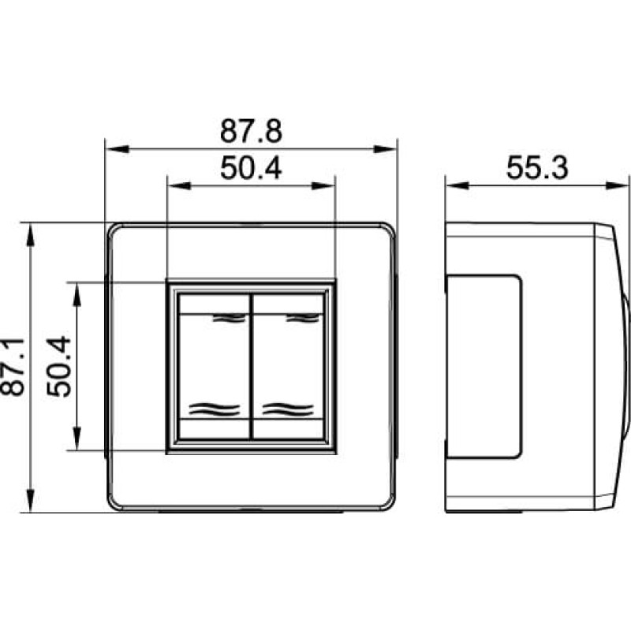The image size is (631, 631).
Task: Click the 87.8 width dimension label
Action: click(x=251, y=131)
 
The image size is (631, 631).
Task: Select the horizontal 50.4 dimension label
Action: click(x=251, y=168)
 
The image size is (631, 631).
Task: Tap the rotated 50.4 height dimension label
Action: click(x=58, y=367)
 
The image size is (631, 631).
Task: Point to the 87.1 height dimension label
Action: click(x=12, y=367)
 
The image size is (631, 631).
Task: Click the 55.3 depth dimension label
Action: click(x=537, y=167)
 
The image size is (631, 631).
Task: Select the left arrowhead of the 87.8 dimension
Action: click(x=117, y=149)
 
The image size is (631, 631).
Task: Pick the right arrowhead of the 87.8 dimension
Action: click(x=385, y=149)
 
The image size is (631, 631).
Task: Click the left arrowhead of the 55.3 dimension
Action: click(x=457, y=185)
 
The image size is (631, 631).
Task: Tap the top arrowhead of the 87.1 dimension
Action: click(x=30, y=234)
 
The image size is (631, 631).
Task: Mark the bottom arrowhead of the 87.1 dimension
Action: click(x=30, y=500)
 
